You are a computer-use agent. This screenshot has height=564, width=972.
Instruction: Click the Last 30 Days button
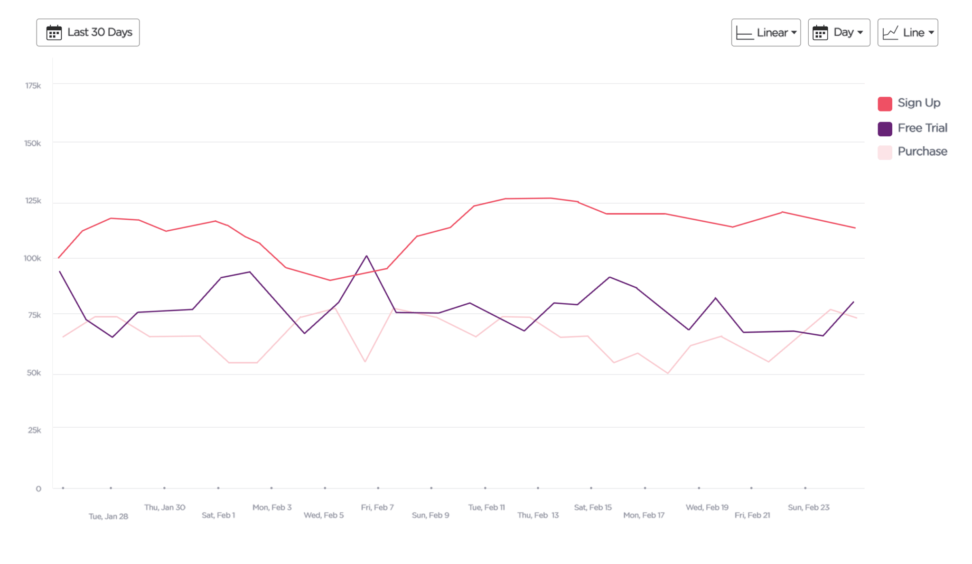click(88, 33)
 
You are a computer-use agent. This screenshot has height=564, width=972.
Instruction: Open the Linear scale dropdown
click(766, 33)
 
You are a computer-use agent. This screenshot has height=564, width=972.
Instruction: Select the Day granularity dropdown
click(839, 33)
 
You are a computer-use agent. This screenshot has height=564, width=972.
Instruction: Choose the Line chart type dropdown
click(907, 33)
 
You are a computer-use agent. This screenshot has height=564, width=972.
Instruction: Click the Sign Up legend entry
click(918, 103)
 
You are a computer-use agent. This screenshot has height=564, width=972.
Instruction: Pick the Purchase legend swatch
click(885, 152)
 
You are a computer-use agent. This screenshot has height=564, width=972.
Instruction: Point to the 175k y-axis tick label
click(33, 86)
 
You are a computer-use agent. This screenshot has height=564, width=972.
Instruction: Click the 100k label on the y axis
click(33, 258)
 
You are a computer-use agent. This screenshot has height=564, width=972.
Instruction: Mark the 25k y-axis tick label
click(34, 430)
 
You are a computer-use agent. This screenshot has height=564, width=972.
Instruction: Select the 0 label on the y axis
click(38, 489)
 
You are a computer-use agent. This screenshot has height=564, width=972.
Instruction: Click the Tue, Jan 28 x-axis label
click(108, 517)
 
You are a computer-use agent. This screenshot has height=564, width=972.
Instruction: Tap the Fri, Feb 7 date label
click(377, 508)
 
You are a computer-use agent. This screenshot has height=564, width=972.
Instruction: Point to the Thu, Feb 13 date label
click(538, 516)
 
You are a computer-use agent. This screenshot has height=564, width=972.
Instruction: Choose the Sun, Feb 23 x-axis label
click(808, 508)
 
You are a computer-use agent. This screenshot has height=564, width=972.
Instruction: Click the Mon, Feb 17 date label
click(644, 516)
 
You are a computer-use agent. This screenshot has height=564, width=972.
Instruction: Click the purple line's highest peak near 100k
click(366, 256)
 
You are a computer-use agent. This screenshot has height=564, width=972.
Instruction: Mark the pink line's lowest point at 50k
click(668, 374)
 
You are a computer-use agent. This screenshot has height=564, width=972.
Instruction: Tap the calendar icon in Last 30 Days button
click(54, 33)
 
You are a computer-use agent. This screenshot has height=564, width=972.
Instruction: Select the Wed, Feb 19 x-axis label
click(707, 508)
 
